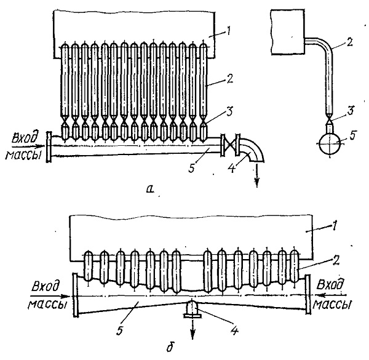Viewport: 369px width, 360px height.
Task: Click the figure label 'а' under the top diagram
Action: coord(150,188)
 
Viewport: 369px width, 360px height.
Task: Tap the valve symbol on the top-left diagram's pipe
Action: coord(230,145)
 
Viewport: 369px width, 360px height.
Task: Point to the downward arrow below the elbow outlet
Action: coord(257,175)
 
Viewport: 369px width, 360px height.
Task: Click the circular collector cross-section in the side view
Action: coord(330,143)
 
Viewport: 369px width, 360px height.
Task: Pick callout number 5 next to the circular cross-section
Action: coord(352,135)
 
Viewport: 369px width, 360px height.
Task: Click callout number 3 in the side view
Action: coord(350,111)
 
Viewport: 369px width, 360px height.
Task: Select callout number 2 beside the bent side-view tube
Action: coord(349,43)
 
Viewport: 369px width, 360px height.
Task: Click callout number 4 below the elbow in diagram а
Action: coord(232,168)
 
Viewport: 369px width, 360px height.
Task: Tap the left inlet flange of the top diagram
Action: coord(49,146)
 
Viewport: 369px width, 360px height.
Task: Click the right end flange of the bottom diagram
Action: coord(307,294)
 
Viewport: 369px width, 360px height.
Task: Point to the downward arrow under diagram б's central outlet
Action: coord(193,329)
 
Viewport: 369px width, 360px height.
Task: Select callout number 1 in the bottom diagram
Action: coord(333,226)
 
